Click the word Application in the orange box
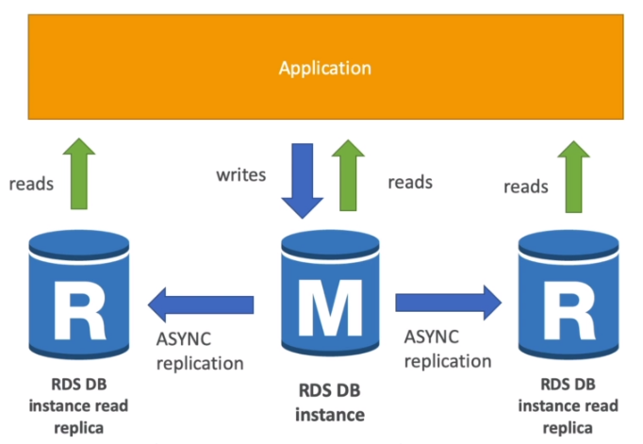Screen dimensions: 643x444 click(324, 68)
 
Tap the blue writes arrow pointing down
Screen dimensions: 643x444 click(303, 181)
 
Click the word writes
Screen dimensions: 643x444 click(241, 174)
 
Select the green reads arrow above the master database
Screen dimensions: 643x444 click(348, 175)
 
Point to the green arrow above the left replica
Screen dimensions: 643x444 click(79, 173)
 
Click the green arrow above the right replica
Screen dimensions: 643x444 click(573, 176)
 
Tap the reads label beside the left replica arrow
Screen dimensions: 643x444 click(31, 184)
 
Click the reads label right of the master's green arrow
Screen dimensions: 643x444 click(410, 182)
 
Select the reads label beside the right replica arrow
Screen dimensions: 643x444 click(526, 187)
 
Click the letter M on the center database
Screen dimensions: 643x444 click(330, 307)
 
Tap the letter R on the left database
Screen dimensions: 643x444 click(80, 310)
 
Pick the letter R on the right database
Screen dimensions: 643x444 click(569, 310)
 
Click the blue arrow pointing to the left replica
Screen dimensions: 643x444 click(201, 304)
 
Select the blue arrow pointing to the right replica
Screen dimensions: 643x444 click(448, 303)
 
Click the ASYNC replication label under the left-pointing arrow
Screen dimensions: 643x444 click(200, 351)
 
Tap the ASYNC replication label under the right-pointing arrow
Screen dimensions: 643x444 click(448, 349)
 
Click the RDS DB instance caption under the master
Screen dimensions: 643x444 click(330, 403)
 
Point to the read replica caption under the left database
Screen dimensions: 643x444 click(78, 406)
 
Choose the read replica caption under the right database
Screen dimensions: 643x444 click(568, 406)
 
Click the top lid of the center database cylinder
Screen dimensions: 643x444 click(330, 243)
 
